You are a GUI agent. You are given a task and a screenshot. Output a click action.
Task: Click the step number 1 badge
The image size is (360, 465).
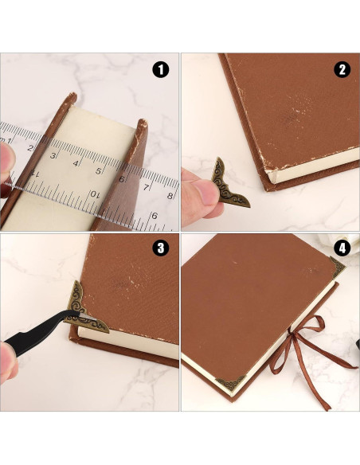[162, 70]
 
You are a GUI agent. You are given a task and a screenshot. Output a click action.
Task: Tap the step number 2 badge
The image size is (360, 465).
[342, 70]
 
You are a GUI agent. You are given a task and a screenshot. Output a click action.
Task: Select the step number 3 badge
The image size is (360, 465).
[162, 248]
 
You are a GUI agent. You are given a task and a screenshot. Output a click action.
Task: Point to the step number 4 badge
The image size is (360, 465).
[342, 248]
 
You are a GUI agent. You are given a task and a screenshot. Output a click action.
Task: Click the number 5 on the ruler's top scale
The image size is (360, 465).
[99, 169]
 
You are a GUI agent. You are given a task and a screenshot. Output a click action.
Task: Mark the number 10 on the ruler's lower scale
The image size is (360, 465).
[94, 194]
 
